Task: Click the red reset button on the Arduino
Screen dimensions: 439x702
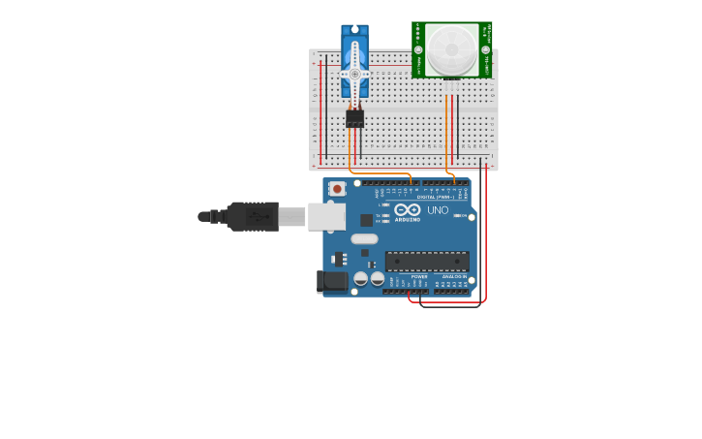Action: (x=337, y=188)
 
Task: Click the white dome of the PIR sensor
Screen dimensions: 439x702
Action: (x=451, y=49)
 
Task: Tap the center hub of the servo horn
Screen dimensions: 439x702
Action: (x=354, y=74)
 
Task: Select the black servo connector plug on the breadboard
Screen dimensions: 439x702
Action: (x=354, y=118)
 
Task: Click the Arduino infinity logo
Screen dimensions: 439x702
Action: (x=408, y=209)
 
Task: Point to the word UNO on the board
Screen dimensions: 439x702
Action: (x=438, y=210)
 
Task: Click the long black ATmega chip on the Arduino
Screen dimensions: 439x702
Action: (x=427, y=262)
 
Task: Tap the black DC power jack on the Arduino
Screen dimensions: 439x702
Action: (x=332, y=282)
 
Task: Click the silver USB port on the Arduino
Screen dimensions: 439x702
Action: (x=326, y=216)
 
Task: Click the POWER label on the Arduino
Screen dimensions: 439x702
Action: (x=419, y=276)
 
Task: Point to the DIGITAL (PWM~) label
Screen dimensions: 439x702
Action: (x=433, y=197)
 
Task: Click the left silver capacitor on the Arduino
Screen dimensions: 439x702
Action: (x=361, y=279)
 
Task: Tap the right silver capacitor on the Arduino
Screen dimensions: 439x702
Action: (x=378, y=279)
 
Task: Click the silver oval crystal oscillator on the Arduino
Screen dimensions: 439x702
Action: (x=364, y=238)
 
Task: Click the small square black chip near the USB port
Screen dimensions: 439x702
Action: (x=366, y=220)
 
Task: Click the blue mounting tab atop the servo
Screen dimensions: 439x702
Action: (x=354, y=30)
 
